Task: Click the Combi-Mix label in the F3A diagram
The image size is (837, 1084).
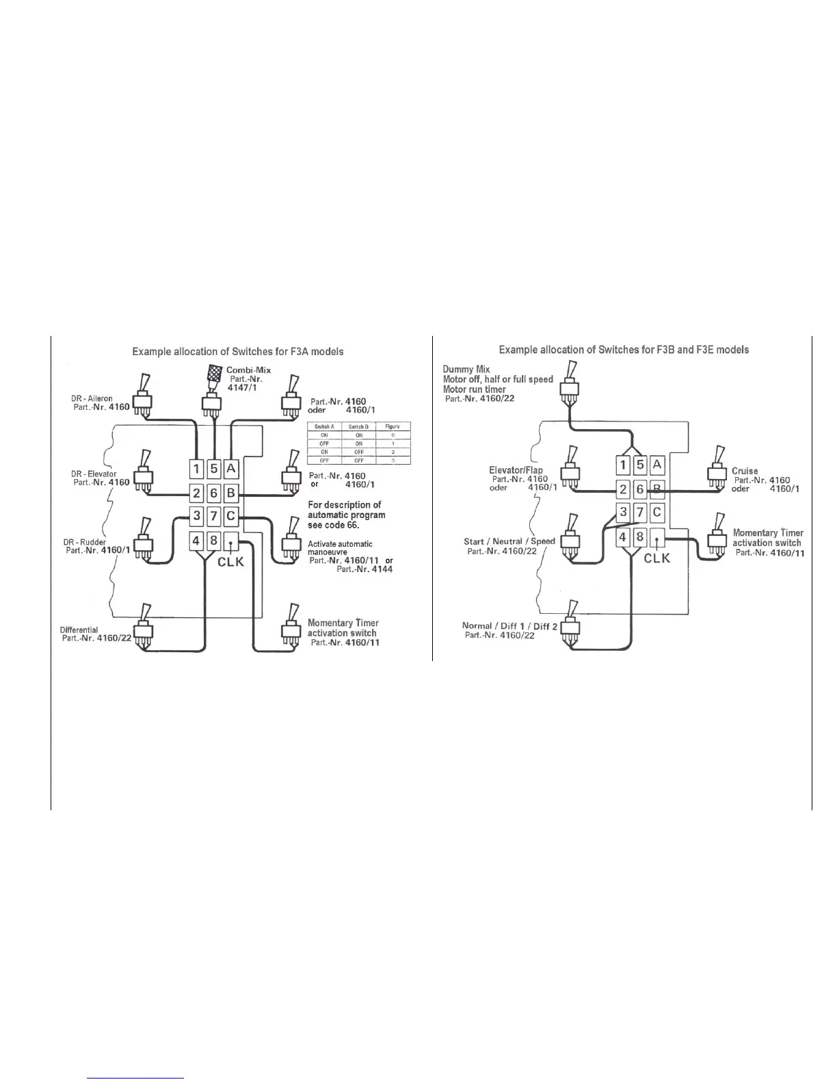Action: point(248,370)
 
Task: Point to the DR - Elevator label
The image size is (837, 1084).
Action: point(94,474)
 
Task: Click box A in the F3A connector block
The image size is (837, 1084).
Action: point(231,468)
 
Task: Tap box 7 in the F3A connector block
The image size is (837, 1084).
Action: point(213,515)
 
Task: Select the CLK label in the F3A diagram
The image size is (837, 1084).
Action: point(231,563)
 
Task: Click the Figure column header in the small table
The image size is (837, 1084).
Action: point(393,426)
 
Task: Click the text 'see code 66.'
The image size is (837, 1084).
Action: point(333,525)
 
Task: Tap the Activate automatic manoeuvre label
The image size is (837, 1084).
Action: point(340,547)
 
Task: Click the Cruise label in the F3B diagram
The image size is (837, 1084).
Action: point(745,471)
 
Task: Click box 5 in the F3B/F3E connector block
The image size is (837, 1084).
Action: point(640,465)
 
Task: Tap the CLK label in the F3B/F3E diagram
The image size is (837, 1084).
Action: point(657,558)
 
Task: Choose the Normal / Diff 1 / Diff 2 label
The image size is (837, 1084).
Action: point(509,625)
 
